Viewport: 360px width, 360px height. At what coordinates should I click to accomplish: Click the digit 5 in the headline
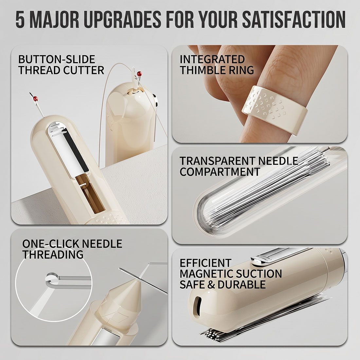(20, 20)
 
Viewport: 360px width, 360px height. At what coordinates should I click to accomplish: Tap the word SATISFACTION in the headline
(294, 20)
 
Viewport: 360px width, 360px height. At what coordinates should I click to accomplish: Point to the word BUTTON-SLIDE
(57, 60)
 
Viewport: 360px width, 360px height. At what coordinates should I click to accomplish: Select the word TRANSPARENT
(217, 161)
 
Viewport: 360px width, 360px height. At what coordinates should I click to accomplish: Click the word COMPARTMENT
(220, 172)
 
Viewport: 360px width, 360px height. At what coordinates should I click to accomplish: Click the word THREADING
(53, 254)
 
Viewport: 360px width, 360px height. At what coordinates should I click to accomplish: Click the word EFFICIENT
(205, 263)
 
